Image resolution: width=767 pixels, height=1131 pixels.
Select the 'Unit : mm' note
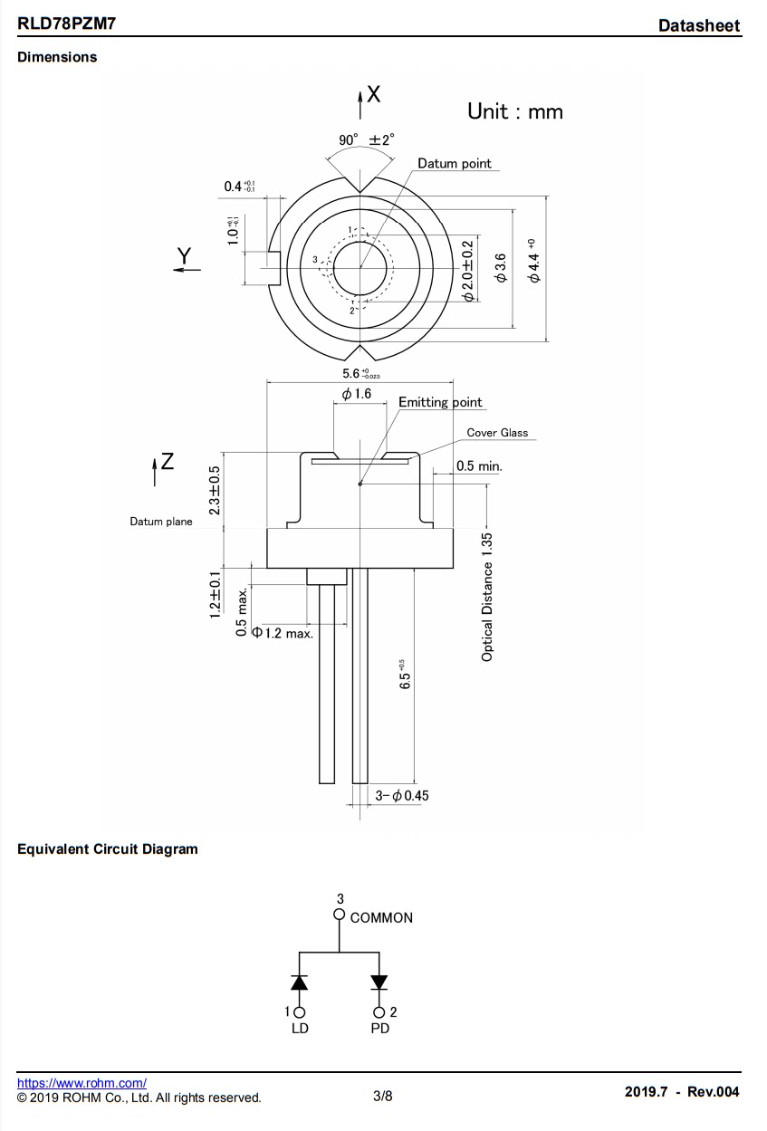coord(514,111)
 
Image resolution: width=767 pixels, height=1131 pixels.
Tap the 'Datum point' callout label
coord(455,164)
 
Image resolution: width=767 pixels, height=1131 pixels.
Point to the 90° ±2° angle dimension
coord(367,139)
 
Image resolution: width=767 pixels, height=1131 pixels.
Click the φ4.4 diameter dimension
coord(534,261)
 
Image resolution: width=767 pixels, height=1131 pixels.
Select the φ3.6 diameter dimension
coord(501,269)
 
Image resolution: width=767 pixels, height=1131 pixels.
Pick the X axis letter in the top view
coord(373,93)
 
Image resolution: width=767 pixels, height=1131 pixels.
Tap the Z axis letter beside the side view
coord(167,462)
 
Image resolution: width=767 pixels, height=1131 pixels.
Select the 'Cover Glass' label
coord(497,433)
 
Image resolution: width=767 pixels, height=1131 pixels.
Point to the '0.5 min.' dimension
coord(478,466)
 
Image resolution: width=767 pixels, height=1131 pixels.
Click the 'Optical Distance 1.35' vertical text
coord(487,597)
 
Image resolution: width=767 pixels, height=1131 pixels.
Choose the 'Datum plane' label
coord(161,522)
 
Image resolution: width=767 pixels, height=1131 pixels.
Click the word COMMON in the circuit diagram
coord(381,917)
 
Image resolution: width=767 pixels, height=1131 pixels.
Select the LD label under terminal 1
coord(300,1030)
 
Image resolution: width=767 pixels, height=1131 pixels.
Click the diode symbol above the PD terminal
coord(379,982)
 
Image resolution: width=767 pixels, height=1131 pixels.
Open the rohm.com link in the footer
coord(81,1083)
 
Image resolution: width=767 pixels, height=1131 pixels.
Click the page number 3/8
coord(383,1097)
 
